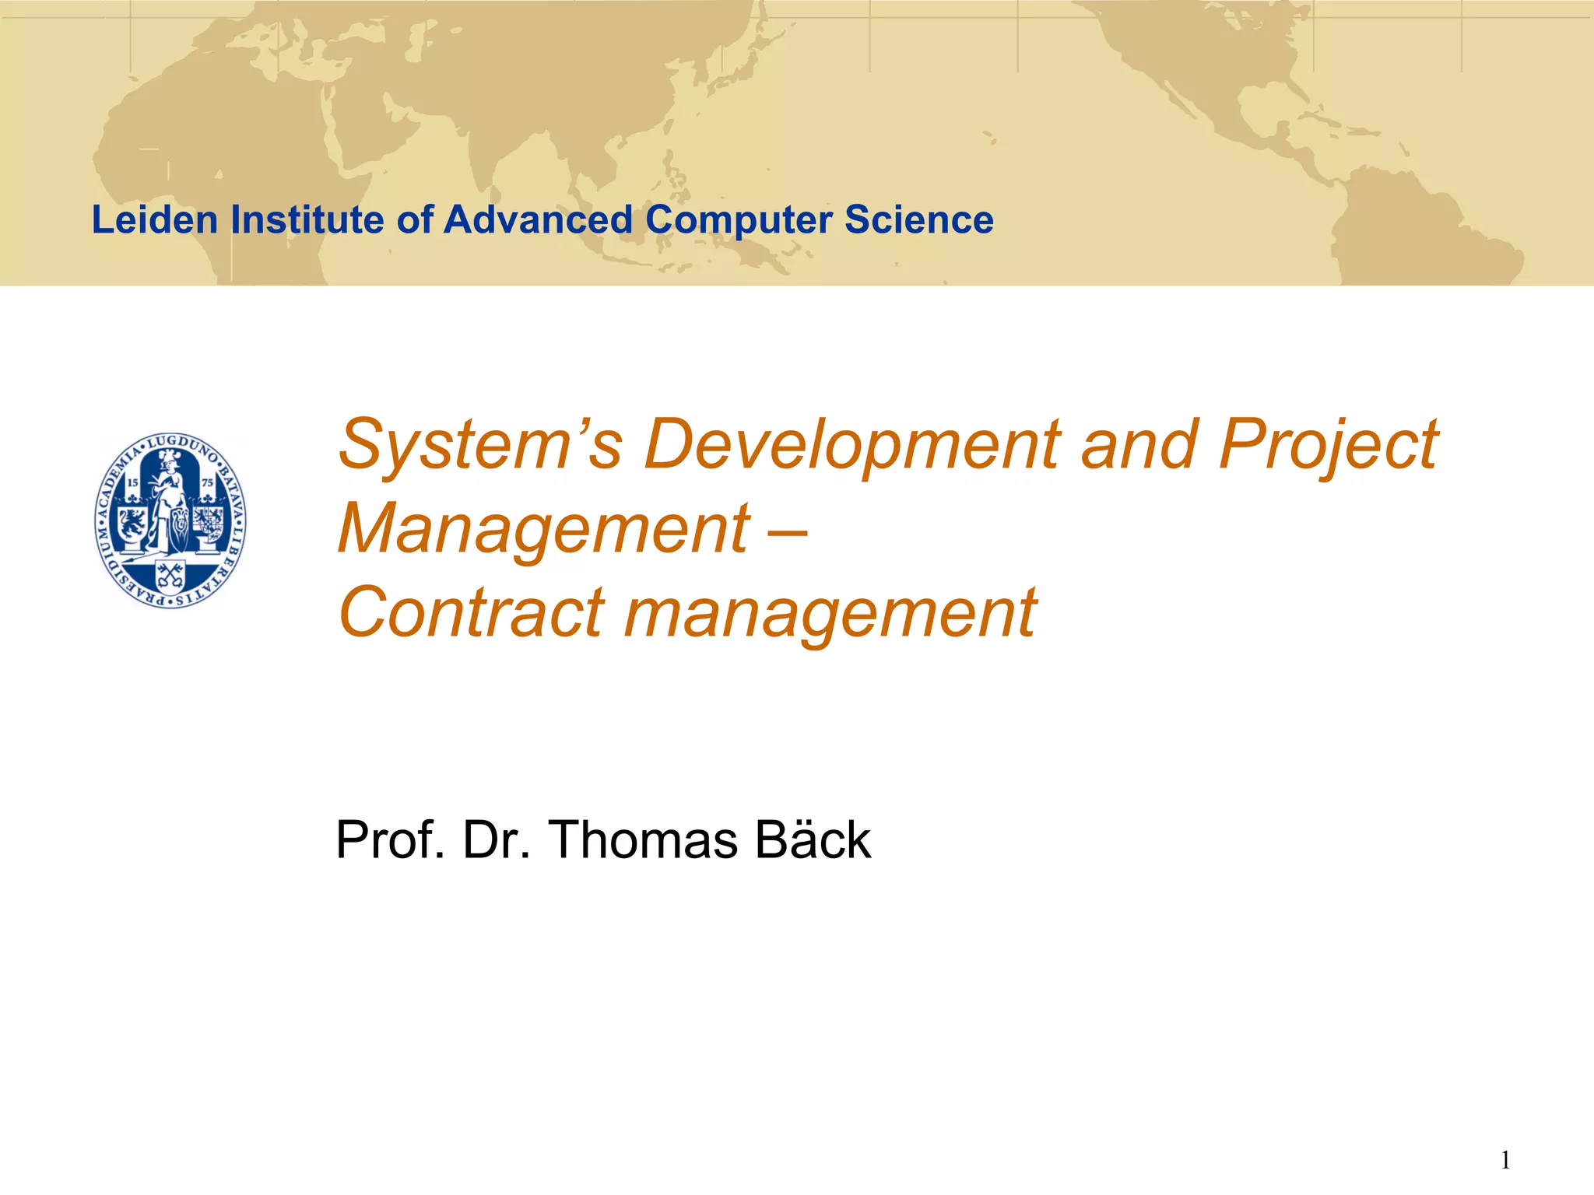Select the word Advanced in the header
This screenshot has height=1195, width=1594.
pos(538,219)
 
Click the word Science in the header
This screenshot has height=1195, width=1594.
pos(919,219)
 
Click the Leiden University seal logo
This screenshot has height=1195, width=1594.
pos(170,520)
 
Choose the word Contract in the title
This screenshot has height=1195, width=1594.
pos(471,613)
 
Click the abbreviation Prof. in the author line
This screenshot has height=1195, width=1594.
pos(390,840)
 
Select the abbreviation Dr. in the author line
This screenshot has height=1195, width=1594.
pos(497,840)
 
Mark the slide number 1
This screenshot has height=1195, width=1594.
pos(1505,1161)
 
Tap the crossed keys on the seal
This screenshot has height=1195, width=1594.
pos(170,575)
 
